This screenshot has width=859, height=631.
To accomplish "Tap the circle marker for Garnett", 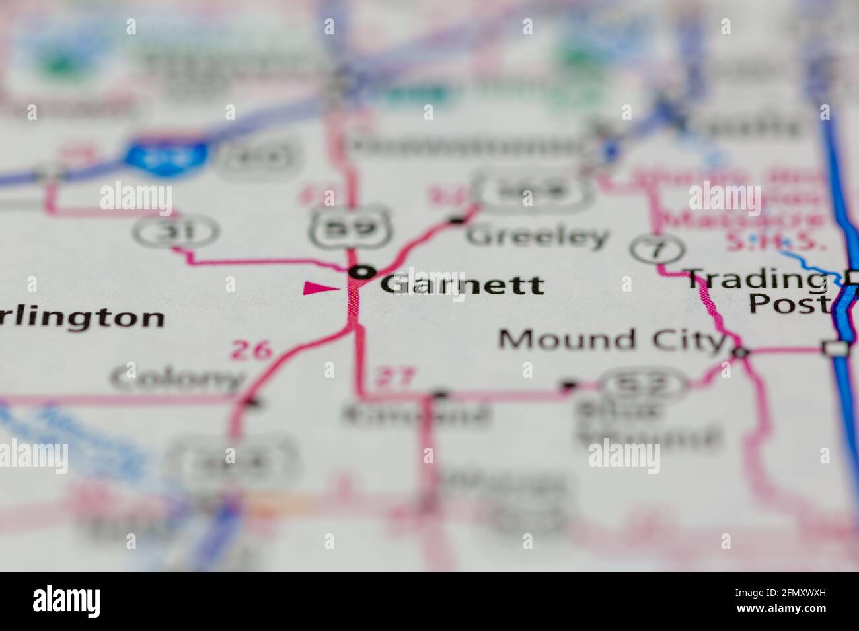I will [x=362, y=271].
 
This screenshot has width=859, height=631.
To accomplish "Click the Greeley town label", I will [x=537, y=236].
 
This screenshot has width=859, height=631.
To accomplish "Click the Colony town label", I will [x=177, y=379].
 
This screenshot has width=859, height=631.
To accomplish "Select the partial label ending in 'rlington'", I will [x=83, y=317].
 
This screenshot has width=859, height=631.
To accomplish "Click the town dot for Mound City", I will [x=740, y=353].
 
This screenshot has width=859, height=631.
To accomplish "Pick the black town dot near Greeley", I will [x=456, y=220].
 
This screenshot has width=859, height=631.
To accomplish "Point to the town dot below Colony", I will [x=252, y=401].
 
